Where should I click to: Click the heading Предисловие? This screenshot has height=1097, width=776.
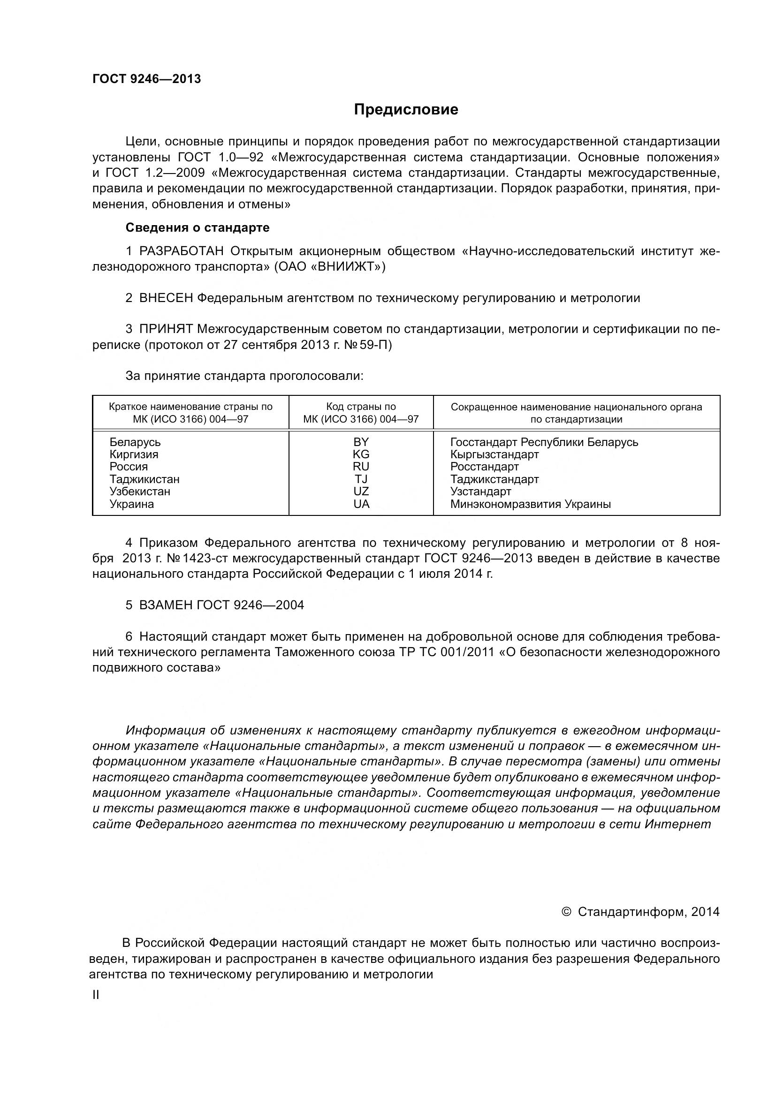406,110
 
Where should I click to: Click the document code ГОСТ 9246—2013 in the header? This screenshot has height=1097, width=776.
146,79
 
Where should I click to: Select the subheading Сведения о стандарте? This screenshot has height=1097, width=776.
198,228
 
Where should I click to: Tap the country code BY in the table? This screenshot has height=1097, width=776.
361,442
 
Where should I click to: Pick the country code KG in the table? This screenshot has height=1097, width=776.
361,454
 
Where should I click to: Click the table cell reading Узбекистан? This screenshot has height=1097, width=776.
139,492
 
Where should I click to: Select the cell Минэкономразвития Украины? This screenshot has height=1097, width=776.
531,504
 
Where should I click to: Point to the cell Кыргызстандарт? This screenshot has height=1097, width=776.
495,454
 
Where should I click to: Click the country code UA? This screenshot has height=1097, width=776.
361,504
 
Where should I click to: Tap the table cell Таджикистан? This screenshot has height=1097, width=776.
145,479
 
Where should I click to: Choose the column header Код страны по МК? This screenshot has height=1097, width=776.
361,413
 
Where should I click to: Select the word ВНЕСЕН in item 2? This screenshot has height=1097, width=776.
166,299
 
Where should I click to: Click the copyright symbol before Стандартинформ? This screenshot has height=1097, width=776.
567,912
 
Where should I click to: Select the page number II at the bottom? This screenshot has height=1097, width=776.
96,995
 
